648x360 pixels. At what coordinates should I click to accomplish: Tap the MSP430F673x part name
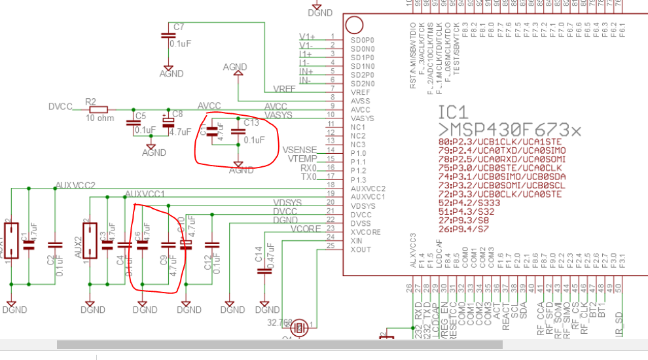[x=509, y=130]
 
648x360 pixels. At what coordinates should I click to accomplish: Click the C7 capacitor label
[x=179, y=27]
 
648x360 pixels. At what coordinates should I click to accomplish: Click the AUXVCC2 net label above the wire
[x=75, y=185]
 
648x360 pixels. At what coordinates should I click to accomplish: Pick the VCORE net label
[x=304, y=230]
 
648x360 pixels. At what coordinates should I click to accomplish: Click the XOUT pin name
[x=362, y=249]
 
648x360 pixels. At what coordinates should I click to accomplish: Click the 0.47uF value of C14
[x=279, y=259]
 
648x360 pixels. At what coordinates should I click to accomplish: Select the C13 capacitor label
[x=251, y=122]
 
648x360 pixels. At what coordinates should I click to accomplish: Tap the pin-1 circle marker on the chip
[x=354, y=26]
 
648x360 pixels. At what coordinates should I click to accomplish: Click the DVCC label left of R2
[x=61, y=107]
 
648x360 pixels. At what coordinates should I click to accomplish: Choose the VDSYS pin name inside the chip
[x=363, y=206]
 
